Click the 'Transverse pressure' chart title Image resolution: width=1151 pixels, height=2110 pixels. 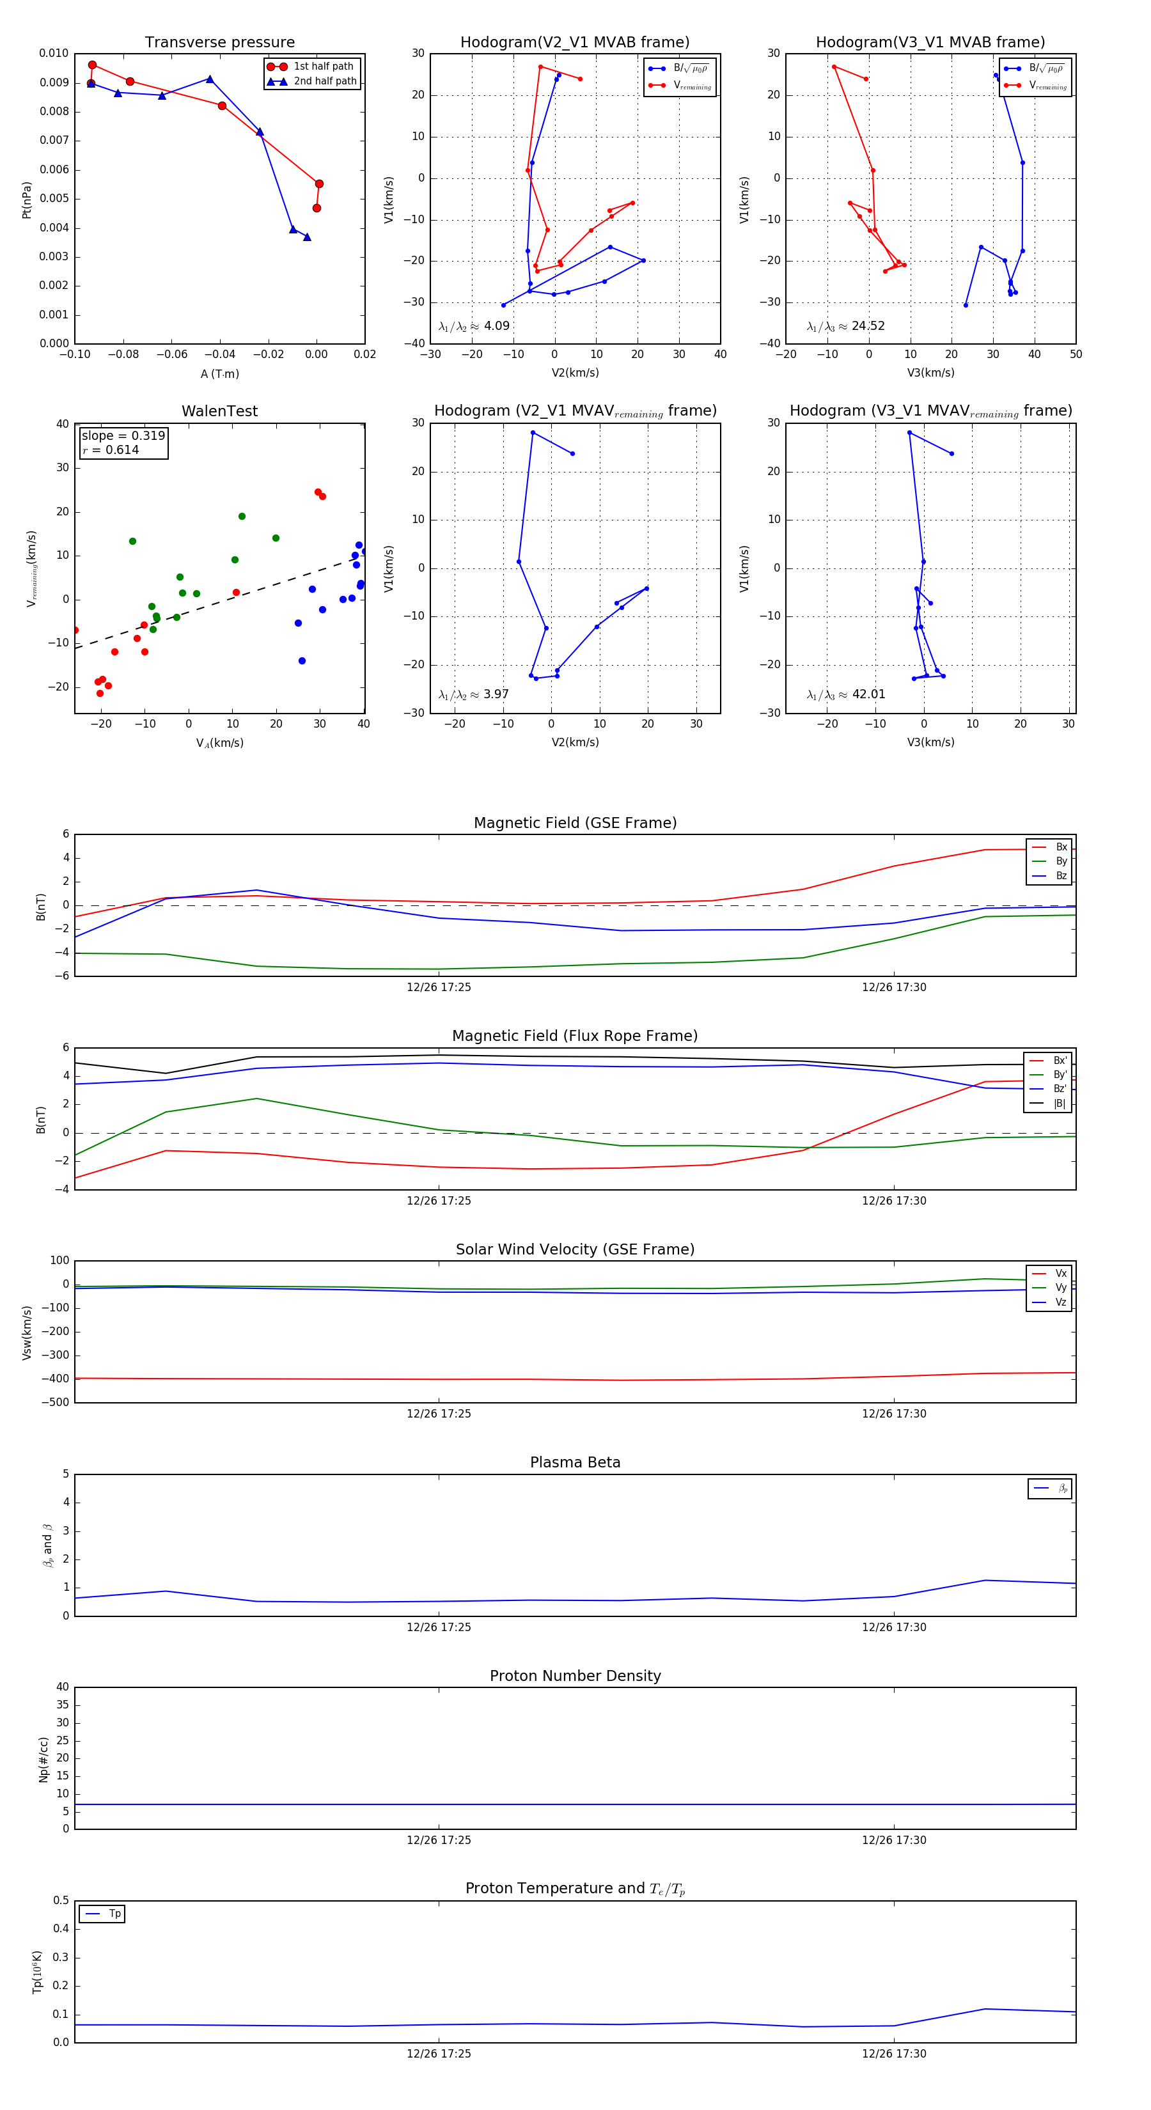pyautogui.click(x=219, y=43)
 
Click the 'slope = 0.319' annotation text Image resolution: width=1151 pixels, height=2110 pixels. pyautogui.click(x=123, y=436)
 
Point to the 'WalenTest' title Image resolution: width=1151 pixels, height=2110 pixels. pyautogui.click(x=219, y=411)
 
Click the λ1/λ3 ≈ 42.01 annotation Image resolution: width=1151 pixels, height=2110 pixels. pyautogui.click(x=845, y=694)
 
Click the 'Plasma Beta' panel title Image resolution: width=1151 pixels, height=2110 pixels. pyautogui.click(x=575, y=1463)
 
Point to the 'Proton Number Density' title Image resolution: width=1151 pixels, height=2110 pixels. pyautogui.click(x=575, y=1676)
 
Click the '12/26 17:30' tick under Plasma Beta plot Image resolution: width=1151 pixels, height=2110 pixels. pyautogui.click(x=894, y=1627)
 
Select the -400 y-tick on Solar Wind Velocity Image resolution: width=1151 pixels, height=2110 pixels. pyautogui.click(x=56, y=1379)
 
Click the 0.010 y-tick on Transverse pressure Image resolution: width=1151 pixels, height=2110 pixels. pyautogui.click(x=54, y=53)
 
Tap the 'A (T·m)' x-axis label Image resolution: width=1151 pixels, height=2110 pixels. pyautogui.click(x=219, y=374)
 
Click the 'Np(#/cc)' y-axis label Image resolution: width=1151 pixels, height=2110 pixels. pyautogui.click(x=43, y=1760)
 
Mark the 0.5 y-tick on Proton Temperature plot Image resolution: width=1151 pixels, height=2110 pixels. pyautogui.click(x=61, y=1900)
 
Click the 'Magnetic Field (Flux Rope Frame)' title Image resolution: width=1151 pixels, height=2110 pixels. pyautogui.click(x=575, y=1036)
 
